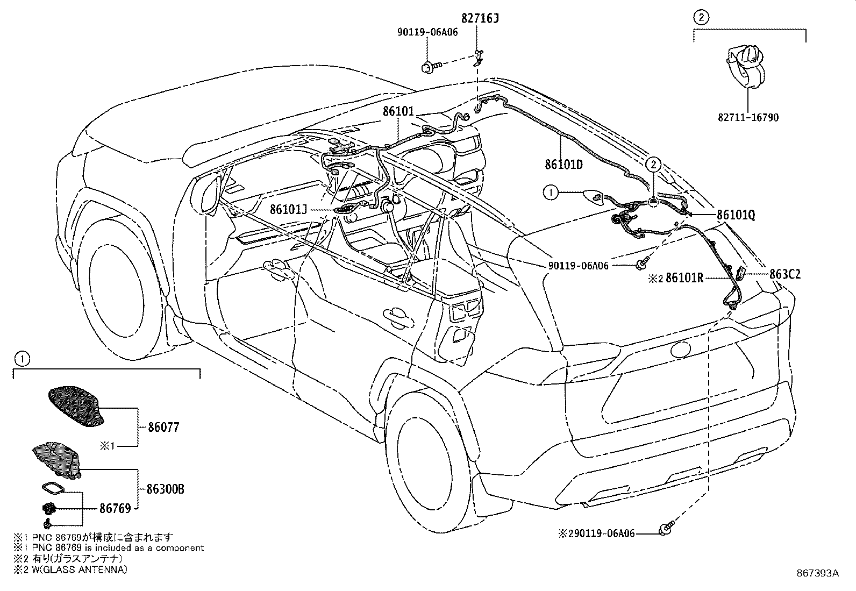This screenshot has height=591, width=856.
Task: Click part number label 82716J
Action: coord(480,19)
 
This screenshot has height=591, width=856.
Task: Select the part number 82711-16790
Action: coord(748,117)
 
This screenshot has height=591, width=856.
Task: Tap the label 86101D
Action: coord(563,165)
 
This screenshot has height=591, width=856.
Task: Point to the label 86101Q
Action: coord(736,215)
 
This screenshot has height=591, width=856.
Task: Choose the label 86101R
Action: coord(684,278)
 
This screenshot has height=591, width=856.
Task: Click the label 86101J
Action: coord(288,209)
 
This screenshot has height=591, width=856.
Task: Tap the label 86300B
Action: coord(165,489)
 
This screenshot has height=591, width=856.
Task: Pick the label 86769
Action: coord(115,508)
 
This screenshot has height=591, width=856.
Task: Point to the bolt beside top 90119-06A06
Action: coord(430,67)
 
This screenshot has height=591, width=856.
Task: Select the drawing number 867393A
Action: coord(817,573)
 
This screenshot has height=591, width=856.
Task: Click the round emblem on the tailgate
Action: coord(680,349)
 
